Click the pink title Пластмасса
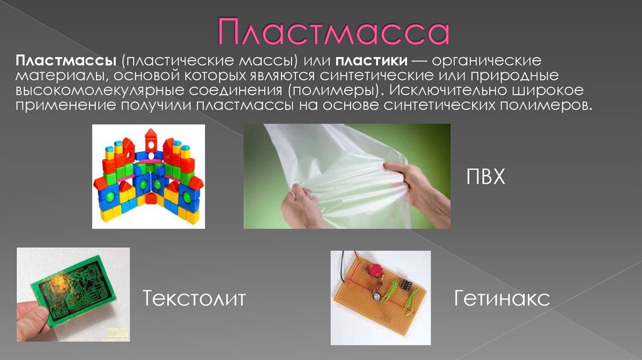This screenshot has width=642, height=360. click(333, 33)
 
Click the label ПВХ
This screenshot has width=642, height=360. click(485, 177)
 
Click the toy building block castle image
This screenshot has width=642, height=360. click(148, 176)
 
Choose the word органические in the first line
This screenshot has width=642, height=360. click(487, 62)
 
